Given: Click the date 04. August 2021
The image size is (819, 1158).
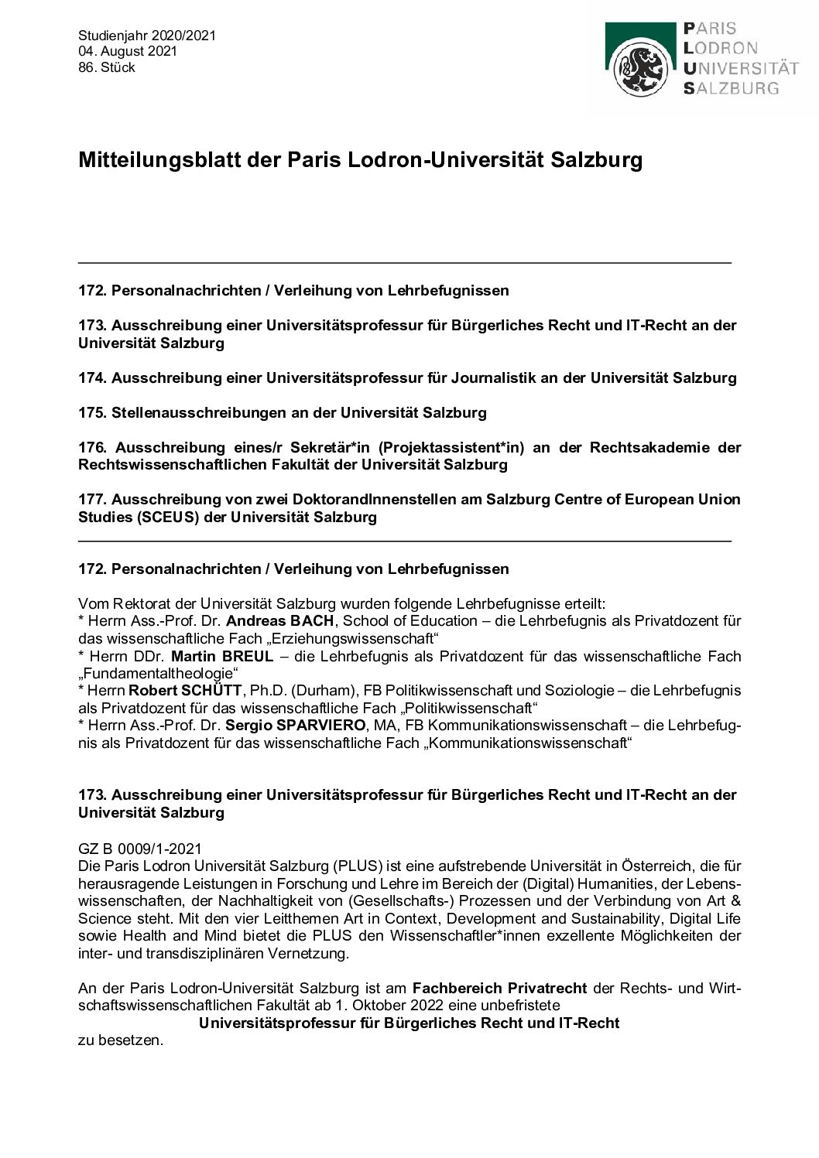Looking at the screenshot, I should [x=128, y=51].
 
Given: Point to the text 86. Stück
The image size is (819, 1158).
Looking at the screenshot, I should [x=107, y=67].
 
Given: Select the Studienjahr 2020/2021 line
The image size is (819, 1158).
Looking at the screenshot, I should [x=147, y=36].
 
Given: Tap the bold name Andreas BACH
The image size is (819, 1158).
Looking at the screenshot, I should [x=281, y=621].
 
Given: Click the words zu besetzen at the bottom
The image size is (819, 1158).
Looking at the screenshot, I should [x=121, y=1040].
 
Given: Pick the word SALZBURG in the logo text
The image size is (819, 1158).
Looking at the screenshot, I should [x=732, y=88].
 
